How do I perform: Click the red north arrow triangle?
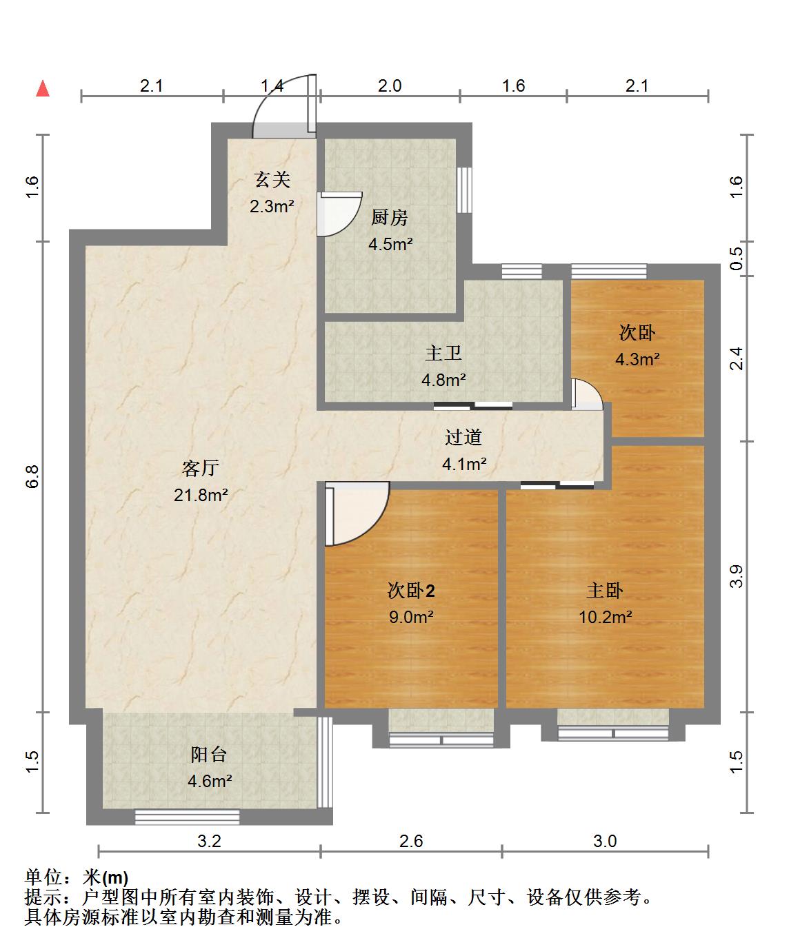(43, 88)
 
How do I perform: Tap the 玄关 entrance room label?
(272, 180)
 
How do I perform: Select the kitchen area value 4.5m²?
(390, 245)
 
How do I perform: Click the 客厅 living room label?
(200, 468)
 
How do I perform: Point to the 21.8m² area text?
(201, 495)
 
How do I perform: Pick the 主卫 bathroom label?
(443, 353)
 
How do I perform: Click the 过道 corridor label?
(463, 437)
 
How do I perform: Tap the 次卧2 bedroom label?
(411, 590)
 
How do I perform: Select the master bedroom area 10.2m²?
(605, 617)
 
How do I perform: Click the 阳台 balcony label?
(208, 754)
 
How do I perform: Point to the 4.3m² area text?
(637, 360)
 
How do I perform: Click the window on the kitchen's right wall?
(464, 190)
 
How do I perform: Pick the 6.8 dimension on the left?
(32, 476)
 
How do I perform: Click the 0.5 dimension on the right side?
(736, 258)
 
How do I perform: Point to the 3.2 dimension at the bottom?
(209, 842)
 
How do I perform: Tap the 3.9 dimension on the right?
(736, 576)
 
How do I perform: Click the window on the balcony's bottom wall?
(187, 817)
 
